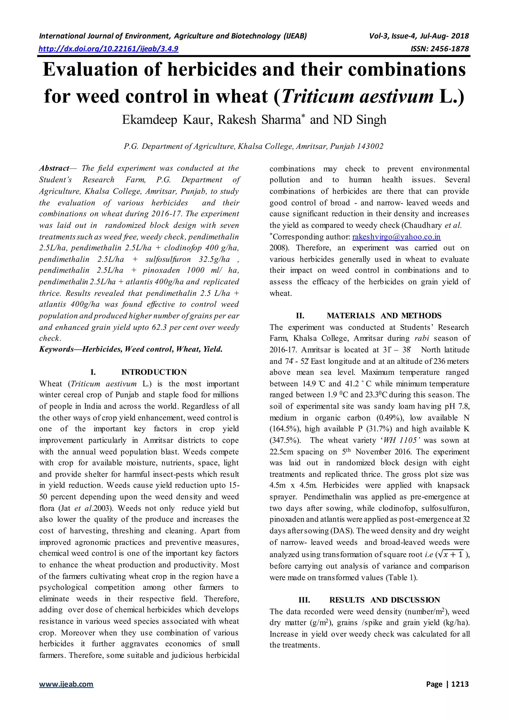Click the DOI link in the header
[x=108, y=49]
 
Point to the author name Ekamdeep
[x=150, y=120]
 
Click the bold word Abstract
[x=54, y=168]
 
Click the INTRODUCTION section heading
[x=154, y=372]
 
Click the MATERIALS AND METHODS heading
[x=384, y=316]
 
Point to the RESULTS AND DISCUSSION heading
[x=384, y=600]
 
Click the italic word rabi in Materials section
[x=422, y=338]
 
